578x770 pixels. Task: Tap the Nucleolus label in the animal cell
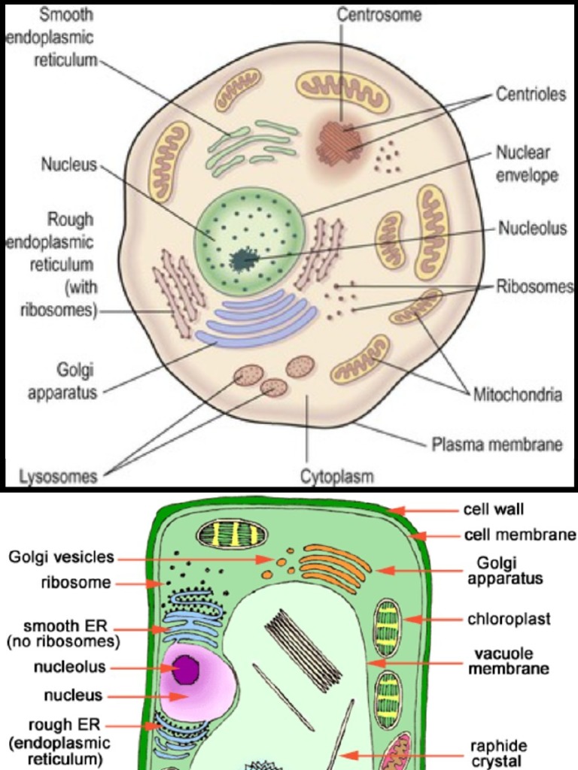pyautogui.click(x=531, y=229)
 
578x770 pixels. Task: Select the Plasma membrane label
pyautogui.click(x=497, y=444)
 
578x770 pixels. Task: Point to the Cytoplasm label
pyautogui.click(x=337, y=477)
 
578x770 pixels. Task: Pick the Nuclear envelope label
pyautogui.click(x=527, y=164)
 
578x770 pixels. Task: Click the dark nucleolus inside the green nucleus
pyautogui.click(x=243, y=259)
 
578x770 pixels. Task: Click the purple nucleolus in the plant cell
pyautogui.click(x=185, y=669)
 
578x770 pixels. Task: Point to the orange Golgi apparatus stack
pyautogui.click(x=334, y=568)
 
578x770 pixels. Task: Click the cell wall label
pyautogui.click(x=493, y=510)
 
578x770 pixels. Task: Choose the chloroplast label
pyautogui.click(x=509, y=620)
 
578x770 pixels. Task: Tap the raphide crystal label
pyautogui.click(x=498, y=753)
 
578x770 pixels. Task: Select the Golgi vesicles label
pyautogui.click(x=62, y=557)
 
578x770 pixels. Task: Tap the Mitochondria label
pyautogui.click(x=517, y=394)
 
